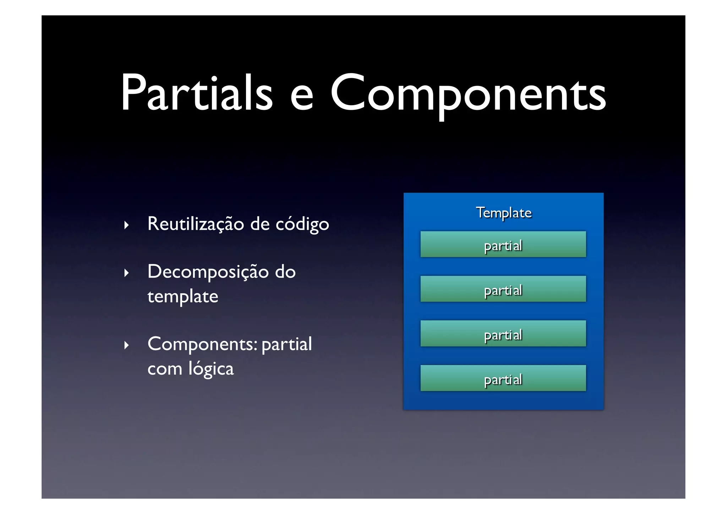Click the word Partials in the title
click(x=197, y=93)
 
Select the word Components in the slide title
click(x=468, y=93)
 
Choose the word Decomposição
click(x=208, y=272)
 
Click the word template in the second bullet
click(x=182, y=297)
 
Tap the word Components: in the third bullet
click(x=202, y=345)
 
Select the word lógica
click(x=211, y=369)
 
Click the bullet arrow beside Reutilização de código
click(x=126, y=225)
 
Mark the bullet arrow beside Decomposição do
click(x=126, y=273)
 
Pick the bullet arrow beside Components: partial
click(x=126, y=345)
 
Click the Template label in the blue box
click(x=503, y=213)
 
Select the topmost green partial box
click(x=503, y=244)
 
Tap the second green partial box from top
click(x=503, y=289)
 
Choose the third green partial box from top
click(x=503, y=334)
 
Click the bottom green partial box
click(x=503, y=378)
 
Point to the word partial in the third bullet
click(x=286, y=345)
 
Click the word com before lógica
click(x=164, y=369)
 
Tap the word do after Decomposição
click(x=285, y=272)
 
